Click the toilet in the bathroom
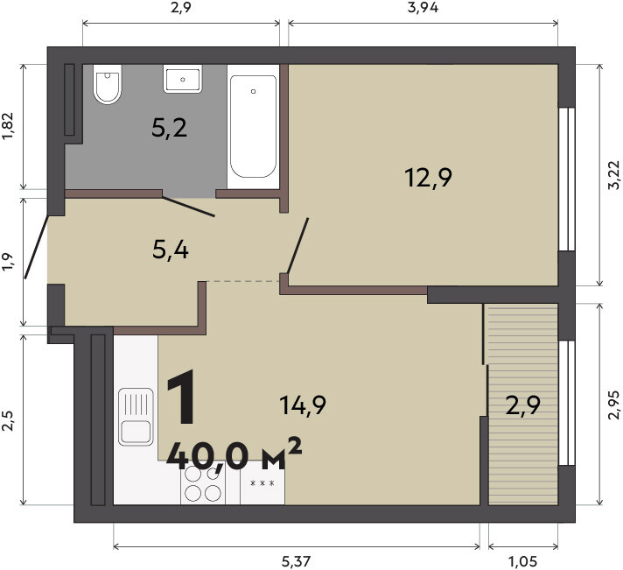(x=108, y=84)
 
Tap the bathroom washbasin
(x=182, y=79)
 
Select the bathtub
(x=253, y=126)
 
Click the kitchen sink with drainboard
(x=136, y=417)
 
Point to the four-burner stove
(x=203, y=484)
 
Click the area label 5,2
(x=169, y=128)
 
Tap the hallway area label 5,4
(x=171, y=250)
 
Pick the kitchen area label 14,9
(x=303, y=405)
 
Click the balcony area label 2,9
(x=523, y=406)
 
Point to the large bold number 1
(x=182, y=396)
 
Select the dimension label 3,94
(x=423, y=8)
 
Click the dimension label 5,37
(x=296, y=561)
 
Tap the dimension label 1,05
(x=522, y=561)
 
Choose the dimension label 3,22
(x=614, y=174)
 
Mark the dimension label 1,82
(x=8, y=126)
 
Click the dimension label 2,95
(x=614, y=405)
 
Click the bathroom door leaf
(x=188, y=207)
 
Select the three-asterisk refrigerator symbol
(x=262, y=483)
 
